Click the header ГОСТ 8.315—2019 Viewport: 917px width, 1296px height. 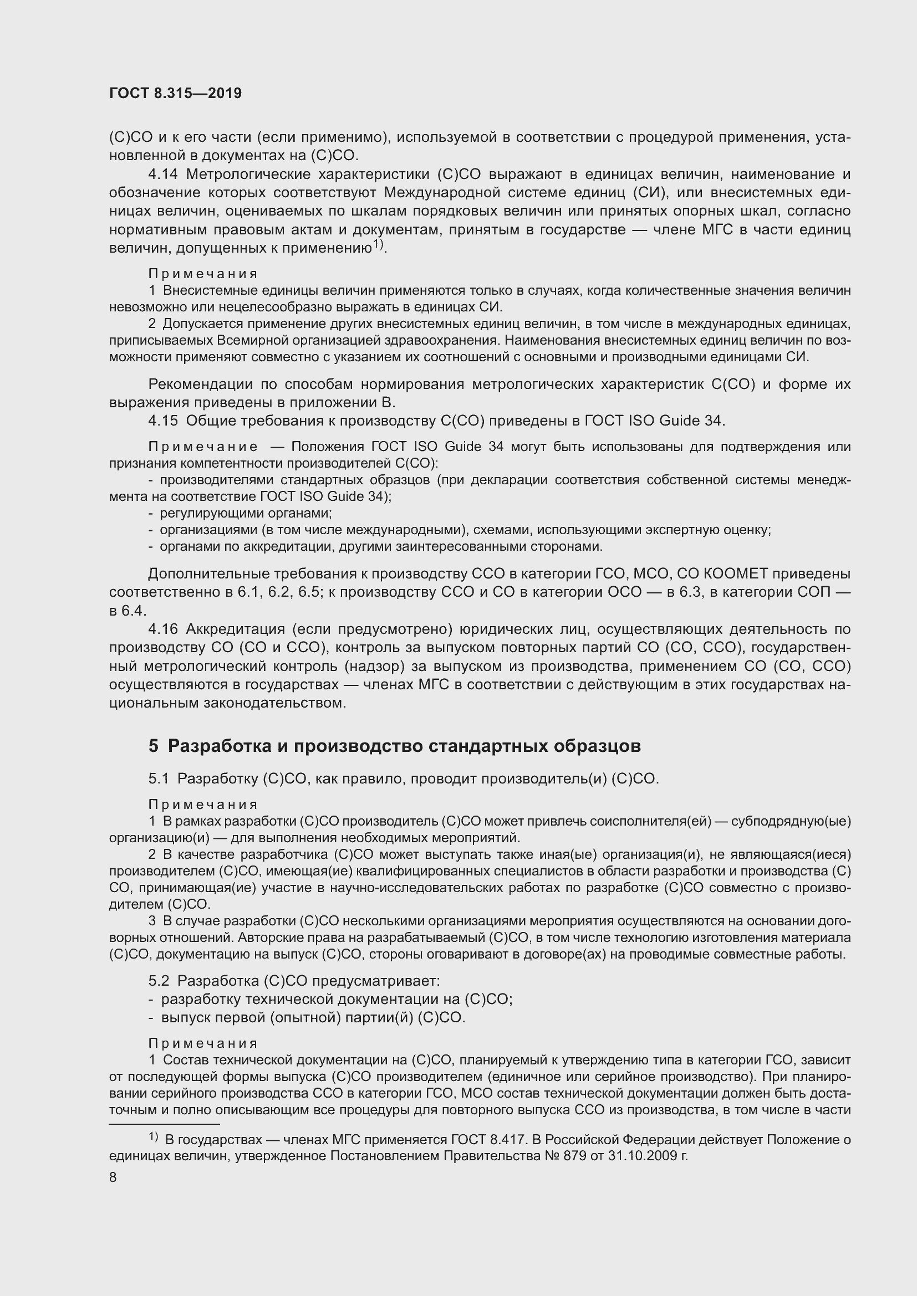pyautogui.click(x=176, y=94)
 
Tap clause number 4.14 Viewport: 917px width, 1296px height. pyautogui.click(x=163, y=175)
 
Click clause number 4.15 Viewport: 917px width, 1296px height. pyautogui.click(x=163, y=421)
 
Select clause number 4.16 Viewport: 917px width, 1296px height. pyautogui.click(x=163, y=629)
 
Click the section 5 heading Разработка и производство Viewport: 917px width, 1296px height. pyautogui.click(x=395, y=746)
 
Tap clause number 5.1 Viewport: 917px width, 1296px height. pyautogui.click(x=159, y=779)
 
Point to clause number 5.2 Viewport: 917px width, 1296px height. pyautogui.click(x=159, y=981)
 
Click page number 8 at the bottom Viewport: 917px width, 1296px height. pyautogui.click(x=113, y=1177)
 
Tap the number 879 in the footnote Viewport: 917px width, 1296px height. pyautogui.click(x=577, y=1155)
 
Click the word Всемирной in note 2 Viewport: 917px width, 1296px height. pyautogui.click(x=253, y=340)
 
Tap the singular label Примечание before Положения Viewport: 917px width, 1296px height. pyautogui.click(x=203, y=447)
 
